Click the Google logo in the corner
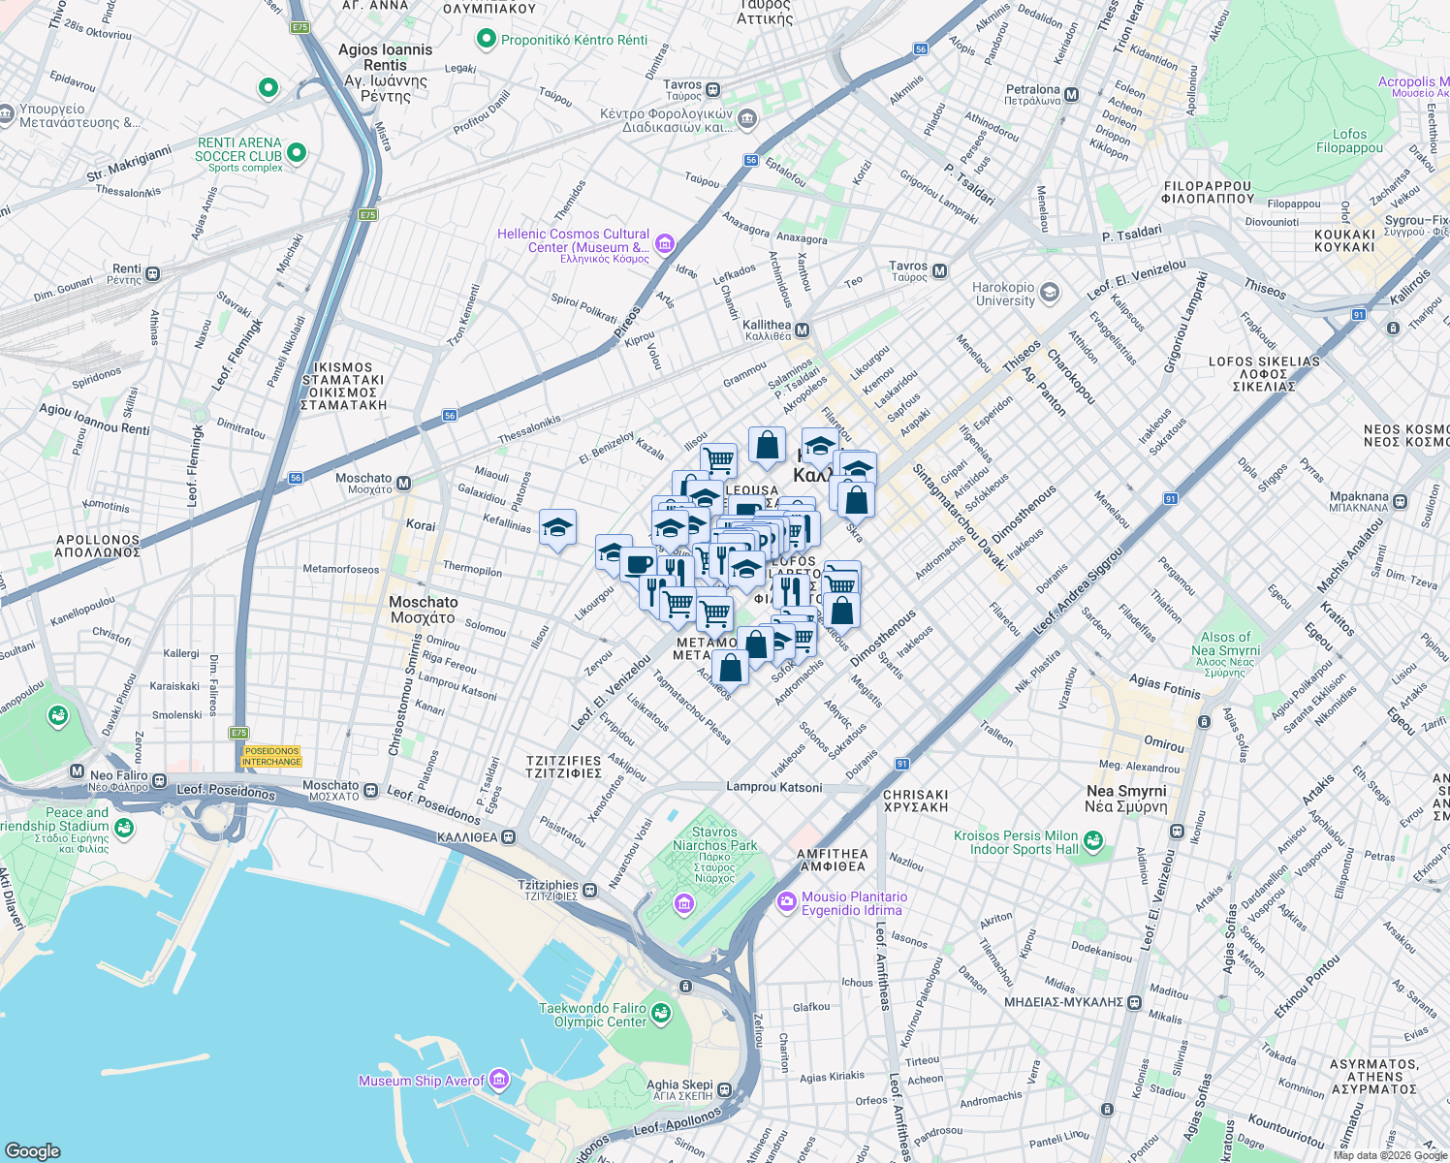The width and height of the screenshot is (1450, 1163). (33, 1150)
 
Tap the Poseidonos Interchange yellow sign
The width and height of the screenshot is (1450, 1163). (271, 756)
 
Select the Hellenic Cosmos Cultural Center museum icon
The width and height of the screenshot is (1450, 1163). (664, 243)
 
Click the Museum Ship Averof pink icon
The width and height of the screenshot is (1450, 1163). (498, 1080)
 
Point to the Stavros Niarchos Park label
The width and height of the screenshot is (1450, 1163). (714, 839)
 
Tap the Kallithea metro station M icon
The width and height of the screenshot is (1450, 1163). (803, 330)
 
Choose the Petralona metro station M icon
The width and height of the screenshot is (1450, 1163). (1071, 95)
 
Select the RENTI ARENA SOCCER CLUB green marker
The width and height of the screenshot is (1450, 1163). (297, 153)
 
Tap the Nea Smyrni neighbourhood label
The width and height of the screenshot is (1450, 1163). (1126, 799)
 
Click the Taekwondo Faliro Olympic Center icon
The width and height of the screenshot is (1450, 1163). (661, 1014)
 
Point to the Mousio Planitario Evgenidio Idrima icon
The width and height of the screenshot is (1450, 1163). (786, 902)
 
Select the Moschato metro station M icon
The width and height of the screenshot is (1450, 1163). (404, 483)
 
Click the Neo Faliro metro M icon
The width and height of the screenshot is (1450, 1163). (78, 772)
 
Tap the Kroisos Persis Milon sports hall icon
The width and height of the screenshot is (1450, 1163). (1093, 841)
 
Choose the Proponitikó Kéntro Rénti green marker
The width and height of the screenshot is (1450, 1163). (486, 40)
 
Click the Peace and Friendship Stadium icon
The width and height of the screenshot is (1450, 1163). (123, 827)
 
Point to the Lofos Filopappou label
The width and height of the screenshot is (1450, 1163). (1349, 141)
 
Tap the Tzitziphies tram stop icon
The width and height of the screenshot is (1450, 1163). (590, 890)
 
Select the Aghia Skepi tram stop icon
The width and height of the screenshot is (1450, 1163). (725, 1090)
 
